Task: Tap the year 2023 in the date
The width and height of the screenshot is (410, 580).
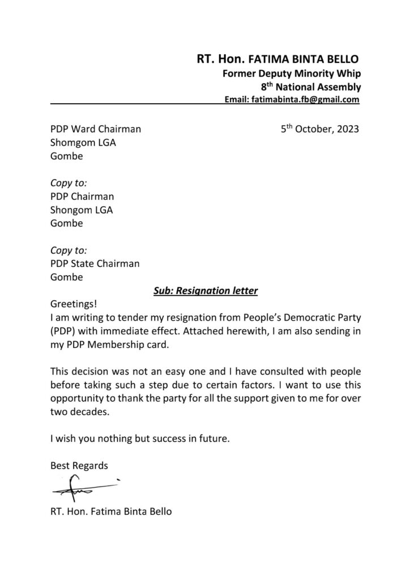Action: point(347,129)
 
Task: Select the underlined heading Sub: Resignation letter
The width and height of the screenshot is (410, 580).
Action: point(206,291)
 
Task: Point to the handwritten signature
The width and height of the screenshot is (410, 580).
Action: point(85,487)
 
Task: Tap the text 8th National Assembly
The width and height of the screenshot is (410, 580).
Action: point(310,87)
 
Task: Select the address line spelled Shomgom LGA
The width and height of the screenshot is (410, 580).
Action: point(83,143)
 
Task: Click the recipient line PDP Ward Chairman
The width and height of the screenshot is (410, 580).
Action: point(96,129)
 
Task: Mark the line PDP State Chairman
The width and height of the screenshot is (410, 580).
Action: point(95,264)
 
